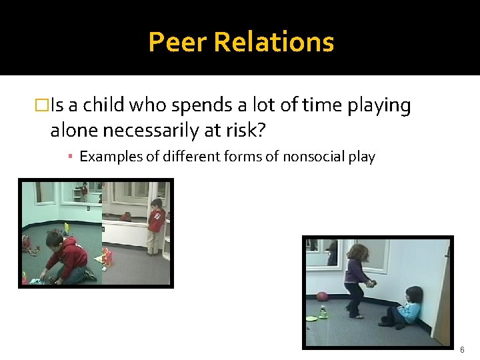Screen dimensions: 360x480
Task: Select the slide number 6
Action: click(461, 349)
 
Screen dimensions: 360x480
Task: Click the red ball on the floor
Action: click(322, 297)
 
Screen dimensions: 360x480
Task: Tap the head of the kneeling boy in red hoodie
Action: click(55, 239)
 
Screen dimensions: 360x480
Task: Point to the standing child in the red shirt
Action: click(156, 225)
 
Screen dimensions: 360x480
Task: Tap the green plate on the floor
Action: click(311, 319)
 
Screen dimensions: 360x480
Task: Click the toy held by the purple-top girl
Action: click(370, 283)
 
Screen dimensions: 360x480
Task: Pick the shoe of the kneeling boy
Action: click(90, 273)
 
